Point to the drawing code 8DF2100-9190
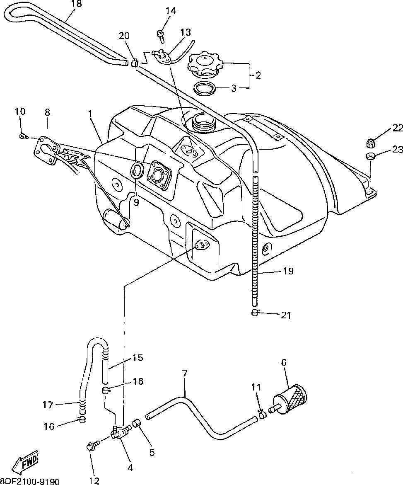click(x=30, y=481)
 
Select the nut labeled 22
click(x=369, y=143)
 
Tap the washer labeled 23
click(x=369, y=156)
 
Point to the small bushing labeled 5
click(x=137, y=423)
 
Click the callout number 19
click(x=288, y=271)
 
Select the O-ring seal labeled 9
click(x=137, y=171)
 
